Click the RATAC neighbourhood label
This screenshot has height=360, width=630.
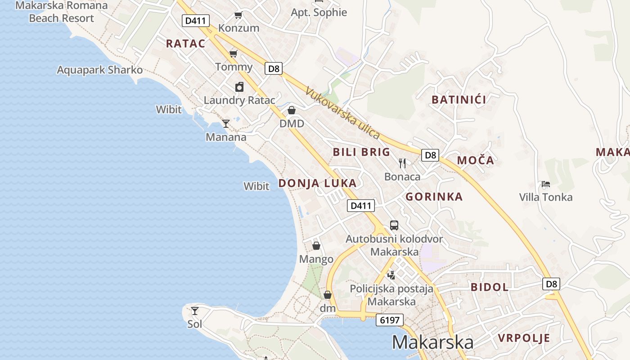[185, 44]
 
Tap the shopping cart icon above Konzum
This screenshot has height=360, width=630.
[238, 15]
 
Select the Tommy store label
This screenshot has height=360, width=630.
[234, 67]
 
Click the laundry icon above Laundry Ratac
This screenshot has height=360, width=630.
[239, 87]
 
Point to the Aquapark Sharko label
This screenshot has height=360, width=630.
[99, 70]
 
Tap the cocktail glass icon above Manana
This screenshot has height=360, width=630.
[226, 124]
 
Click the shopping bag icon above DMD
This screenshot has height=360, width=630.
[292, 110]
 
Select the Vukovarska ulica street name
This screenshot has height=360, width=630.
[342, 113]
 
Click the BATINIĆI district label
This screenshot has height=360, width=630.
[459, 100]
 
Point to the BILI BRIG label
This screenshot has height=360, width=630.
[361, 152]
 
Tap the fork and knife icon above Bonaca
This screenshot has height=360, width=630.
[402, 163]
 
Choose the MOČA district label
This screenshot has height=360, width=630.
[475, 161]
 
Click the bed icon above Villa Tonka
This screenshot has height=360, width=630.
[546, 184]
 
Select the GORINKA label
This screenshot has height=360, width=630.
[434, 197]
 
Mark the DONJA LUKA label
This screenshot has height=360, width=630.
[317, 183]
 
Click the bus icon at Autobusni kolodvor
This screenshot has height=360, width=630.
[394, 225]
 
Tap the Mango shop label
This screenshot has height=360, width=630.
[316, 259]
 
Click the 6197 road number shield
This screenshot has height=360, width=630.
[390, 320]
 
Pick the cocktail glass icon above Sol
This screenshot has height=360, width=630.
[195, 310]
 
